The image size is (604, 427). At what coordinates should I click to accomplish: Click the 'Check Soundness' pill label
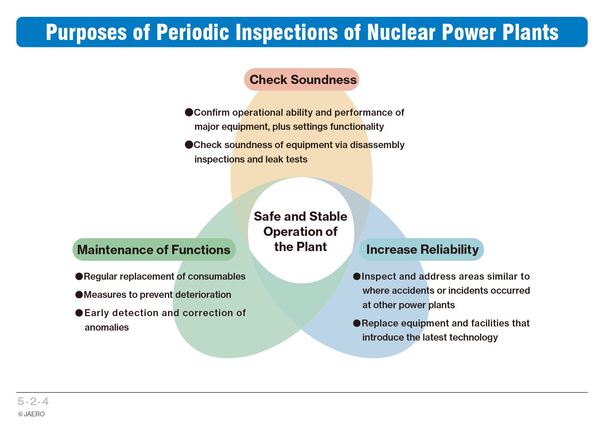[x=302, y=80]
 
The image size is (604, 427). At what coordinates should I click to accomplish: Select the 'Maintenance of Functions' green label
[x=154, y=249]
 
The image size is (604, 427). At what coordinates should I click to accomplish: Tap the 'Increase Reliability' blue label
[x=422, y=249]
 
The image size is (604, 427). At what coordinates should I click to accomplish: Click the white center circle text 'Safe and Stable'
[x=301, y=216]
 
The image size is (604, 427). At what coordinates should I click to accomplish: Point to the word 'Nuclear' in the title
[x=401, y=32]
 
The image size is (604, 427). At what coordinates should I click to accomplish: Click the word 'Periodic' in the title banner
[x=193, y=32]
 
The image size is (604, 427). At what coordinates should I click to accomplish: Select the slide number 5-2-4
[x=33, y=401]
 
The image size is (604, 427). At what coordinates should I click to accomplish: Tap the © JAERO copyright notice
[x=31, y=414]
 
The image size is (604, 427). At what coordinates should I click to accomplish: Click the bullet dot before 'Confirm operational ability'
[x=189, y=112]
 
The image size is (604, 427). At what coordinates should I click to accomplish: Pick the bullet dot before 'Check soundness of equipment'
[x=189, y=145]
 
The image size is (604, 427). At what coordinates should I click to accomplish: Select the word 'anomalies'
[x=107, y=327]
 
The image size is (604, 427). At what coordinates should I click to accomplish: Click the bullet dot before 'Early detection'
[x=79, y=313]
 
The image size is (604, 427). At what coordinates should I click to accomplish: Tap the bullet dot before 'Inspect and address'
[x=357, y=276]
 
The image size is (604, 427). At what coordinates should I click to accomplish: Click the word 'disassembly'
[x=377, y=145]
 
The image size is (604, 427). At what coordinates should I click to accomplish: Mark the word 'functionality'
[x=357, y=127]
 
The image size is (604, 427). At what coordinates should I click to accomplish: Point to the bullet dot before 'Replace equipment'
[x=357, y=323]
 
